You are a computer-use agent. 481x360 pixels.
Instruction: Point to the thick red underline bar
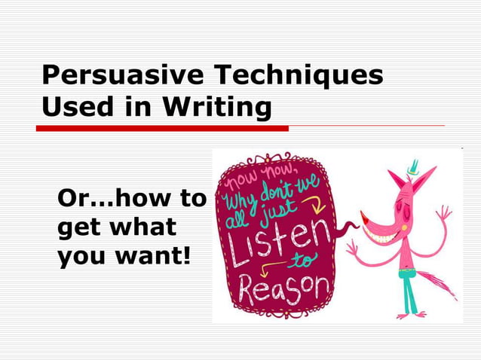tap(163, 128)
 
